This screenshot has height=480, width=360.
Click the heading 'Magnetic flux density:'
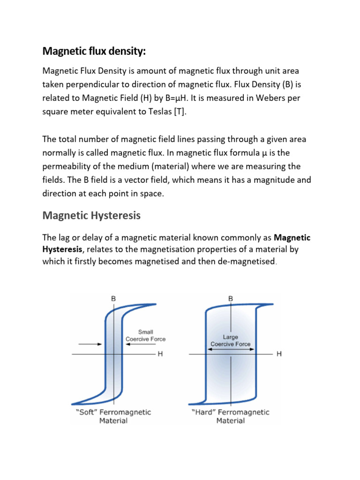(94, 51)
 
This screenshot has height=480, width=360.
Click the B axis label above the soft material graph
(113, 298)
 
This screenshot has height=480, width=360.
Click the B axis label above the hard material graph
(230, 298)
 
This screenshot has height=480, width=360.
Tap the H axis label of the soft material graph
(160, 354)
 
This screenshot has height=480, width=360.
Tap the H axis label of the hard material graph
(279, 354)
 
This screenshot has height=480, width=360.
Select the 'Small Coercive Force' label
(145, 336)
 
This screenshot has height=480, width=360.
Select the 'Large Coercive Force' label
(230, 340)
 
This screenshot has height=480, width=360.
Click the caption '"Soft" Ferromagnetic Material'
(113, 416)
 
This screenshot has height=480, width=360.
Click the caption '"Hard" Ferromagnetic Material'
(230, 416)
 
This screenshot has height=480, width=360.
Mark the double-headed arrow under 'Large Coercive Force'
(230, 348)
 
